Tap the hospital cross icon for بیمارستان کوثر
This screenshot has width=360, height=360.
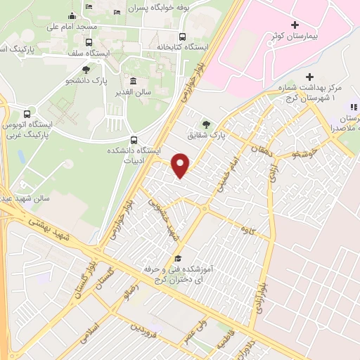pos(295,25)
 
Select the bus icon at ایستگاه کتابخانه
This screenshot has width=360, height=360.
pos(183,37)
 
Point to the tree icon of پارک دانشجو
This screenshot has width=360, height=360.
pos(86,70)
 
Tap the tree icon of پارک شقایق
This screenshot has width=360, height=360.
pos(206,122)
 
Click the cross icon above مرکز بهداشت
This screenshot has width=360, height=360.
pos(310,77)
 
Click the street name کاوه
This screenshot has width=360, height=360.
pos(246,230)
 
